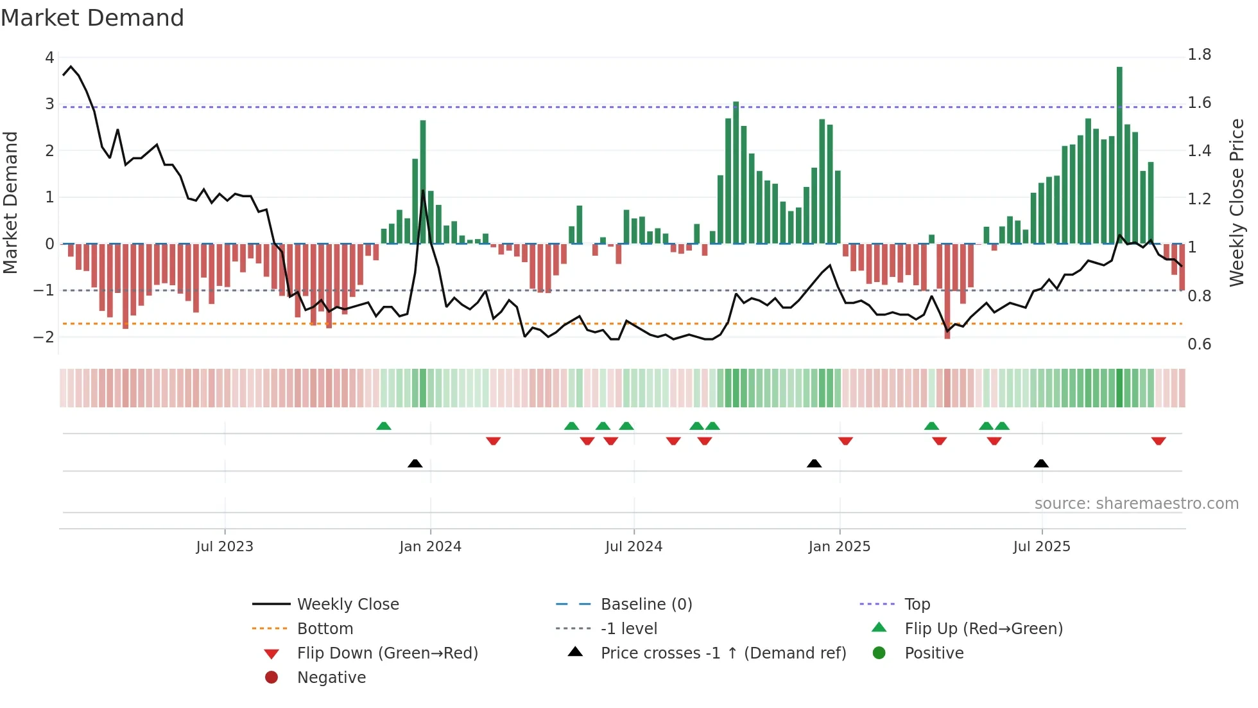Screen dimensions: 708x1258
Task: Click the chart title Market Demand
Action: coord(92,18)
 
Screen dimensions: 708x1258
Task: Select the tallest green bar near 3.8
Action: coord(1119,154)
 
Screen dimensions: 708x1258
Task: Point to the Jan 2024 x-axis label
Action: coord(430,547)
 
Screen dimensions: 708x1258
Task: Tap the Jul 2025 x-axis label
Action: coord(1042,547)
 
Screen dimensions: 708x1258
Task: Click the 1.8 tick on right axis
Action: coord(1199,55)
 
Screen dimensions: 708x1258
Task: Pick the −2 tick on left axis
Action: coord(44,337)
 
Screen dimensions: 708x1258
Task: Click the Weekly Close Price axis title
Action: coord(1236,202)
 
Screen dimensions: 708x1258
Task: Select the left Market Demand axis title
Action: coord(10,202)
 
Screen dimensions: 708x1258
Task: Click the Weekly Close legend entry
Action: coord(347,605)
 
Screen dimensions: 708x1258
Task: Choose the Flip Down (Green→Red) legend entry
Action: coord(387,653)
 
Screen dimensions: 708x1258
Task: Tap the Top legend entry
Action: coord(917,605)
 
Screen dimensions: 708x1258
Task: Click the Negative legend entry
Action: coord(331,678)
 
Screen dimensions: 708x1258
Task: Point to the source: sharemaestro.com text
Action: coord(1136,504)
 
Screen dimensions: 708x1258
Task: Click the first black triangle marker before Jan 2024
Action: coord(415,463)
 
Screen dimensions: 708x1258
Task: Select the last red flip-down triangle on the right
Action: coord(1159,441)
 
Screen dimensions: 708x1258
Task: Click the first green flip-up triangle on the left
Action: coord(384,426)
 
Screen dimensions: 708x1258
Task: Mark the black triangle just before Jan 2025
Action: coord(814,463)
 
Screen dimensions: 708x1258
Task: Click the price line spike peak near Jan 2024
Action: coord(423,191)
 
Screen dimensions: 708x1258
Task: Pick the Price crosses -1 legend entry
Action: coord(723,653)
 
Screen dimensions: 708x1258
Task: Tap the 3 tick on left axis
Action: coord(49,104)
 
